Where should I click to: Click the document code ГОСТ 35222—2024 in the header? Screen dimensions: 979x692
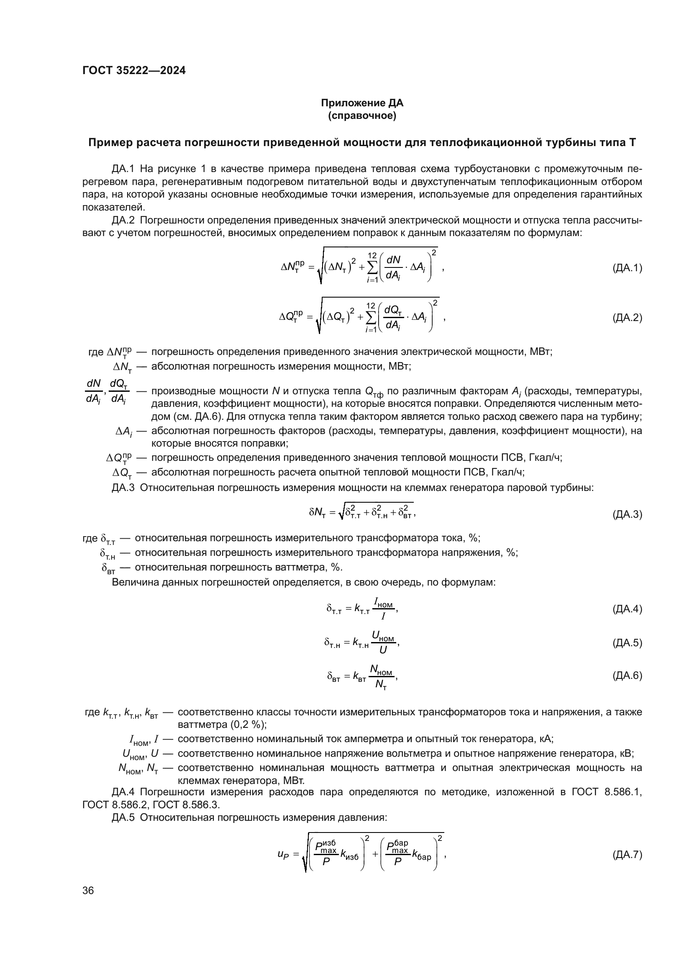pyautogui.click(x=134, y=71)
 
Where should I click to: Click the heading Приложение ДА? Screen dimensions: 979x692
pyautogui.click(x=362, y=103)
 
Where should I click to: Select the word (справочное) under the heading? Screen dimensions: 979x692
pyautogui.click(x=362, y=116)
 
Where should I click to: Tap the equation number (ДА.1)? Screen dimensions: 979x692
pyautogui.click(x=627, y=268)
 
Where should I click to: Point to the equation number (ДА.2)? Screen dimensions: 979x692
pyautogui.click(x=627, y=318)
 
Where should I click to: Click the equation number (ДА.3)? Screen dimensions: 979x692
pyautogui.click(x=627, y=515)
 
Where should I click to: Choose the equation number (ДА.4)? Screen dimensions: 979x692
pyautogui.click(x=627, y=609)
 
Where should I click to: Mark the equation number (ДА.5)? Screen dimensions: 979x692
pyautogui.click(x=627, y=643)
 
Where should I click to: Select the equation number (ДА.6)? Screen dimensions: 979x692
pyautogui.click(x=627, y=676)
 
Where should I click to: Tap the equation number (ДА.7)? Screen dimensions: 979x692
pyautogui.click(x=627, y=855)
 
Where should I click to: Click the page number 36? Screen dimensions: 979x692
pyautogui.click(x=88, y=891)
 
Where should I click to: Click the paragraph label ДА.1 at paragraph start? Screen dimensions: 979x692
pyautogui.click(x=123, y=169)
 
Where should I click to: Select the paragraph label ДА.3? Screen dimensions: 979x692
pyautogui.click(x=123, y=487)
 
